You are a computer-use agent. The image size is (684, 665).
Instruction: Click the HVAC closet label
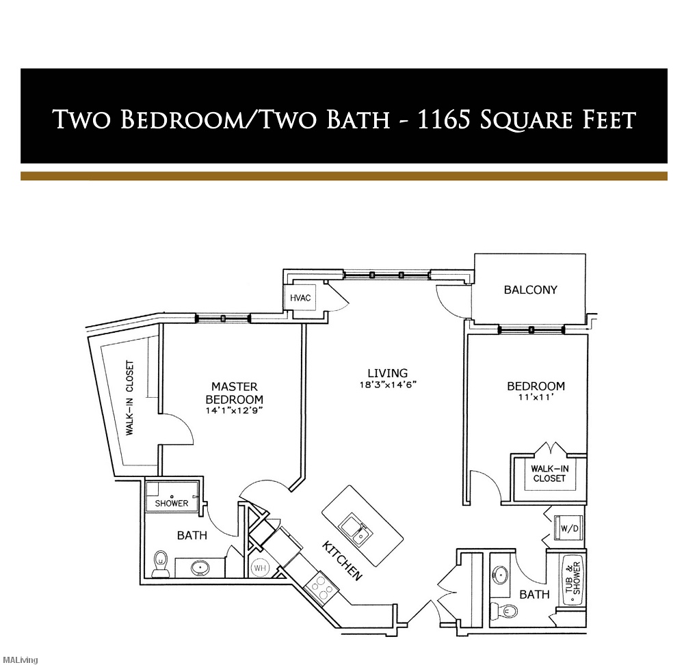click(x=300, y=298)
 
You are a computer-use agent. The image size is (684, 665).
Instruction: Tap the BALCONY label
click(x=530, y=289)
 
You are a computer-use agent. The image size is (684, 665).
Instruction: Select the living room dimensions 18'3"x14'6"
click(x=388, y=384)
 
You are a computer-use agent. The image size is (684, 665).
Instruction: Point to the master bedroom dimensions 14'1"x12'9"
click(x=235, y=410)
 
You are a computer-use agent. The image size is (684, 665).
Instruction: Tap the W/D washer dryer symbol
click(x=570, y=528)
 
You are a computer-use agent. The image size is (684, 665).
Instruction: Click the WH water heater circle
click(x=261, y=567)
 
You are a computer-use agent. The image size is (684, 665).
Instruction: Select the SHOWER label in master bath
click(x=172, y=503)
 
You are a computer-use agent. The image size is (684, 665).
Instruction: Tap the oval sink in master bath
click(x=200, y=567)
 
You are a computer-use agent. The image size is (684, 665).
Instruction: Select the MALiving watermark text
click(x=18, y=660)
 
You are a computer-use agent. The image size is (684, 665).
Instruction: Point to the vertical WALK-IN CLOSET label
click(x=129, y=398)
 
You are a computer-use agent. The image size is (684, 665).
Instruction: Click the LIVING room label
click(x=387, y=373)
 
